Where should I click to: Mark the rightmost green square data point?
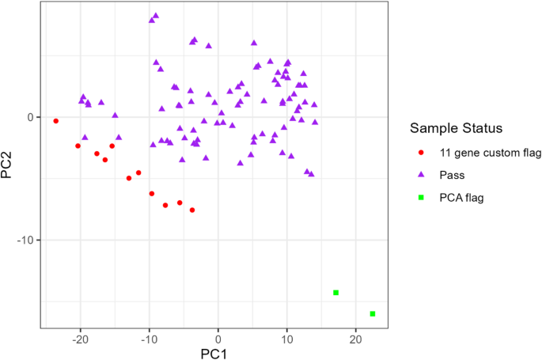373,314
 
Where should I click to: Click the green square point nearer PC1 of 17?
336,293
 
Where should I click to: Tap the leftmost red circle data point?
55,121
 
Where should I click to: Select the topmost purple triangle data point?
156,15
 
